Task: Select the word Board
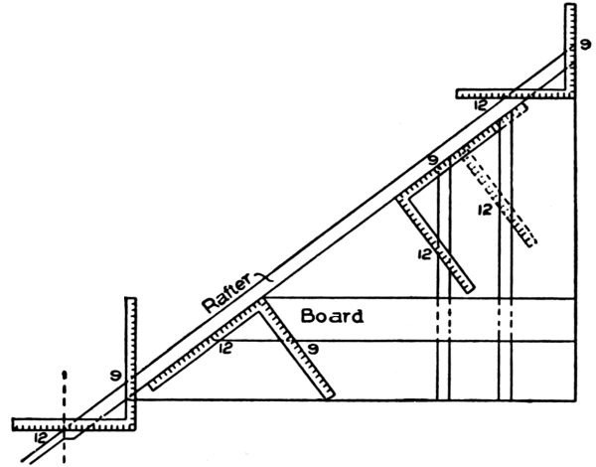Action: [x=332, y=318]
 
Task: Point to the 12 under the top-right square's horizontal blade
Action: [x=481, y=105]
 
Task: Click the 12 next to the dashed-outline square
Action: [x=485, y=211]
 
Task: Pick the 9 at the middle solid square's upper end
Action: [x=432, y=159]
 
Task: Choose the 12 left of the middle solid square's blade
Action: [x=424, y=255]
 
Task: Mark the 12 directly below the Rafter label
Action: [x=227, y=349]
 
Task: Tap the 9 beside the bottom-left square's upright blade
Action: [x=117, y=376]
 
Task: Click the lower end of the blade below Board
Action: [x=326, y=395]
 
